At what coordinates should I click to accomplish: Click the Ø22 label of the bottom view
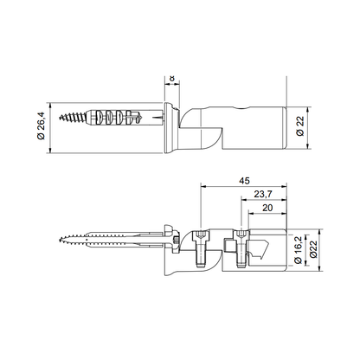[316, 249]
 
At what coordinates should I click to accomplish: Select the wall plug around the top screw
[130, 116]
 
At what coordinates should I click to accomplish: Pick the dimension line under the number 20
[267, 215]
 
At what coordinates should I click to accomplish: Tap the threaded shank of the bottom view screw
[104, 240]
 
